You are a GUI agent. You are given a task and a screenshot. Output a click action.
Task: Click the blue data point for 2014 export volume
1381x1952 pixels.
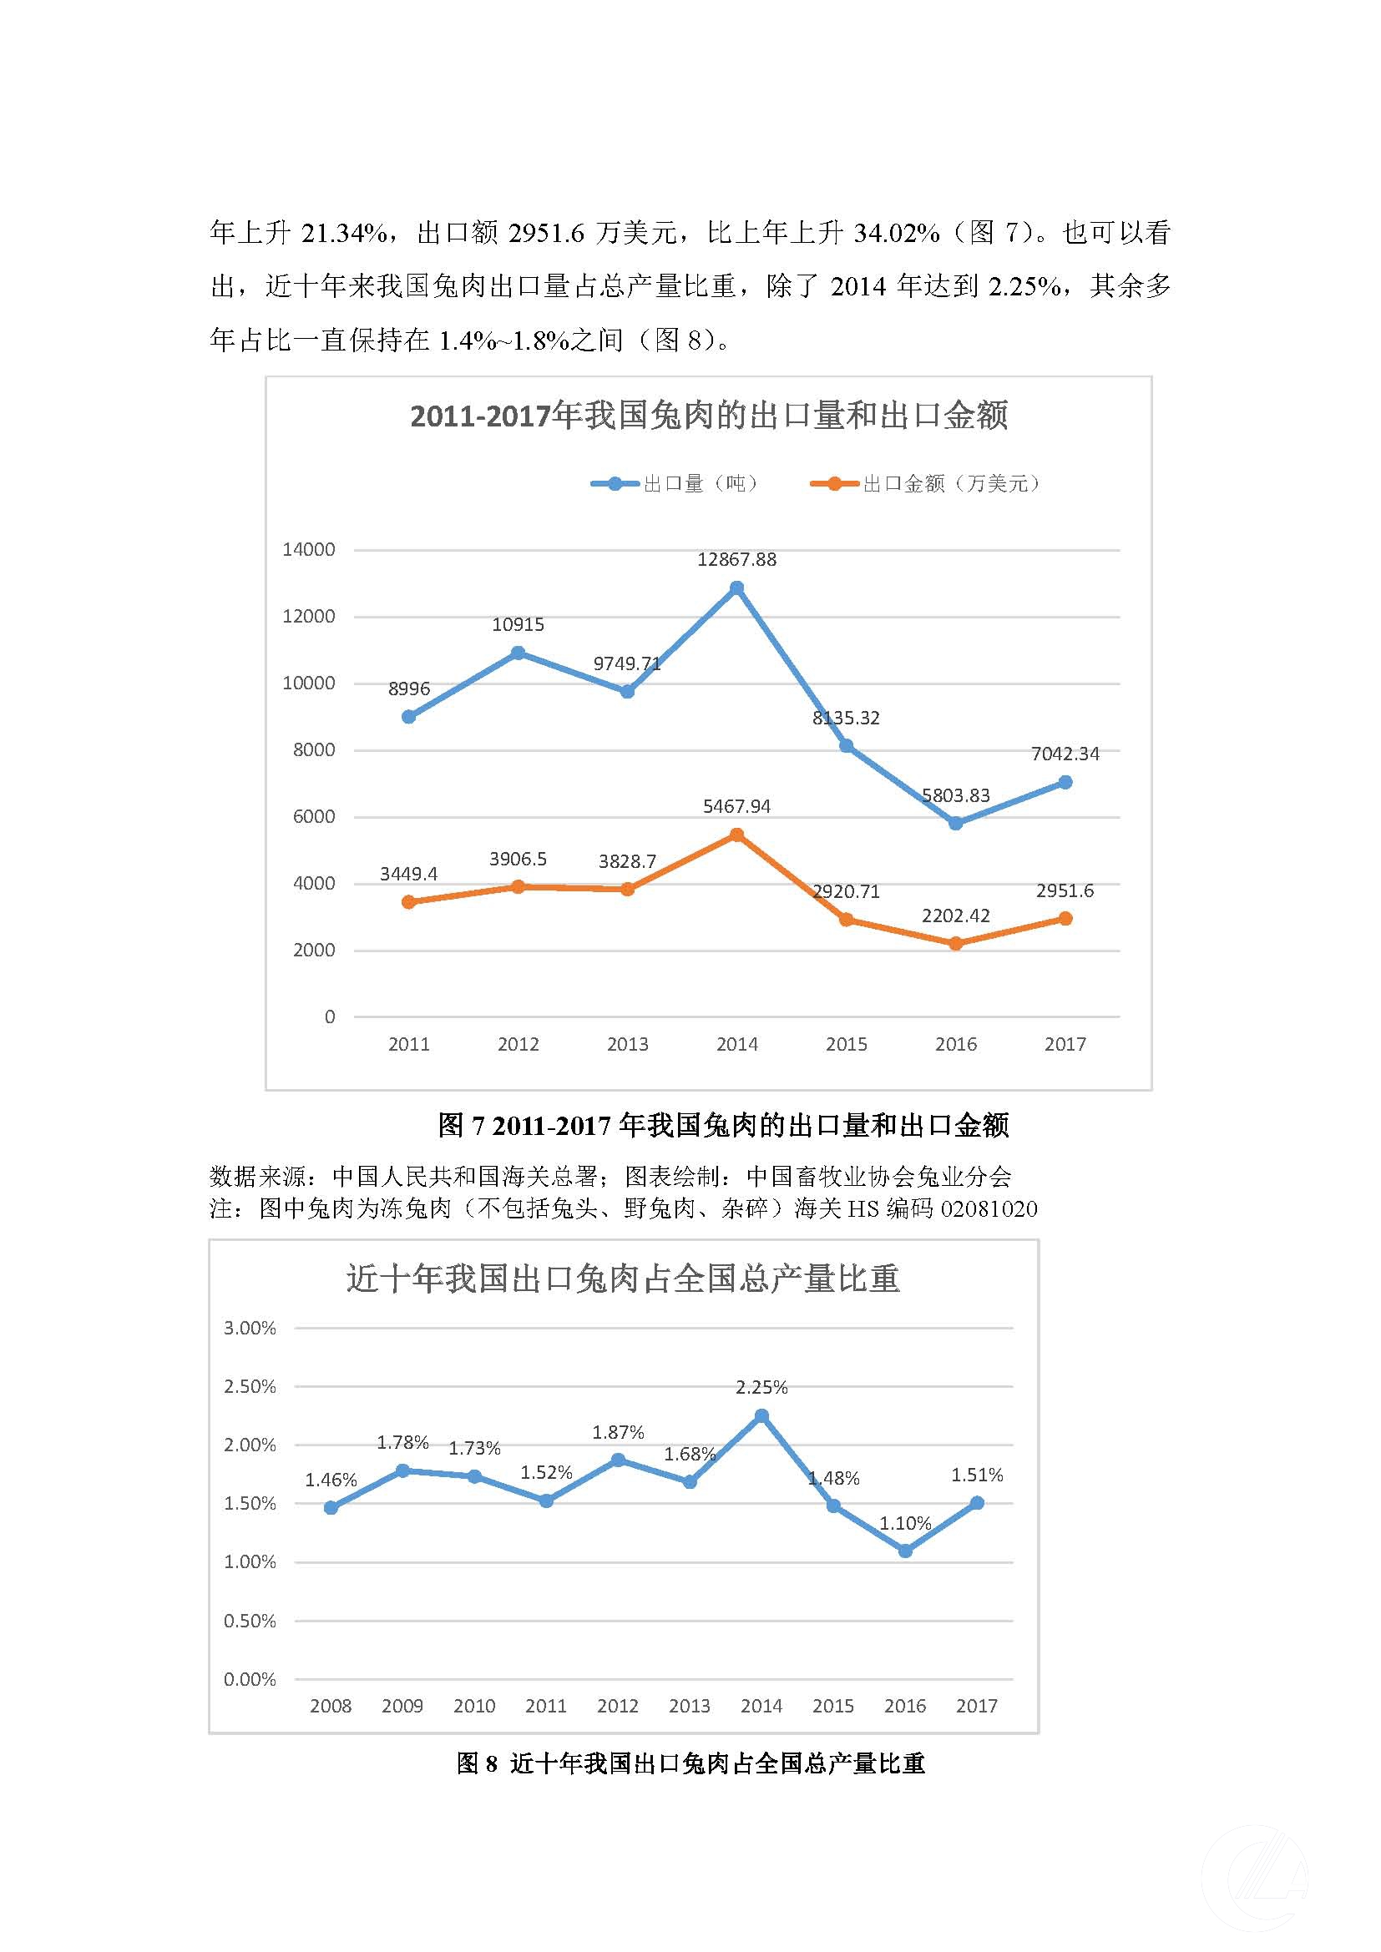tap(736, 588)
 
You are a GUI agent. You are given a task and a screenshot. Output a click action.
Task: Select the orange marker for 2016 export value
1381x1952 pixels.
tap(956, 944)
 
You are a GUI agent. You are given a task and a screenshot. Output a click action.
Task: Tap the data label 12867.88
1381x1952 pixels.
tap(736, 559)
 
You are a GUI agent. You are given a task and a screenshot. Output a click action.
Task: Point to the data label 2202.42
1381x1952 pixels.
tap(956, 915)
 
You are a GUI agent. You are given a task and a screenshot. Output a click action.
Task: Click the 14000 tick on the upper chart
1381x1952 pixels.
tap(309, 550)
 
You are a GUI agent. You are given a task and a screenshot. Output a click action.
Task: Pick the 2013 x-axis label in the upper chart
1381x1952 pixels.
tap(628, 1044)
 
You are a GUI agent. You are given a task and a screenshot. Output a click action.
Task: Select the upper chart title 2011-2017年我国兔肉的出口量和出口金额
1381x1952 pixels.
tap(708, 416)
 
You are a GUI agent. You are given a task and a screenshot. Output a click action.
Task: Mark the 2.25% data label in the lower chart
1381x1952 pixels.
tap(761, 1388)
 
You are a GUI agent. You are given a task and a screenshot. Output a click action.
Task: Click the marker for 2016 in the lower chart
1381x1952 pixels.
tap(905, 1551)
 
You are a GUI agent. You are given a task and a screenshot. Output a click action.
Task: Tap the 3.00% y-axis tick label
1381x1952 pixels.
tap(250, 1328)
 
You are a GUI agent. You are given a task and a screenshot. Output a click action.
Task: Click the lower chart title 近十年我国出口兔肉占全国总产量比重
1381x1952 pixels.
tap(623, 1279)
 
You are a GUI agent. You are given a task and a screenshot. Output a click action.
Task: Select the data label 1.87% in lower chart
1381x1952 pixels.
tap(618, 1433)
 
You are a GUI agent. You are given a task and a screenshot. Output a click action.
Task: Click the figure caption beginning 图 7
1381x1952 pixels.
tap(723, 1126)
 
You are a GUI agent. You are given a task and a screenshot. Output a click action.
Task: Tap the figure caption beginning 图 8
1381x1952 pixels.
tap(690, 1764)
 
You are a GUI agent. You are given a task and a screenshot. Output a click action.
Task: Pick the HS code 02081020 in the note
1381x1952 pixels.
tap(988, 1209)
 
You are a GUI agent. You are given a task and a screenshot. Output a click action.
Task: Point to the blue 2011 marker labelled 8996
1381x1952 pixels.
tap(409, 717)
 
